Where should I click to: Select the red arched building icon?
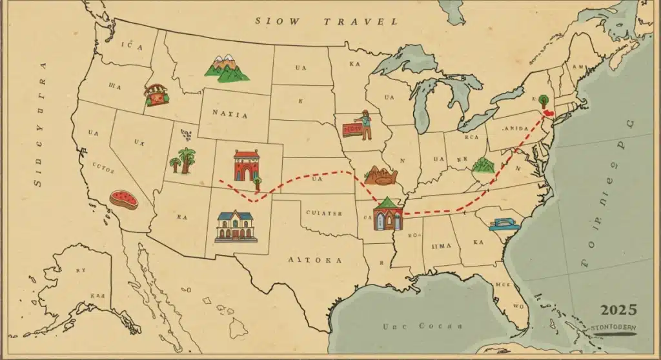pyautogui.click(x=246, y=166)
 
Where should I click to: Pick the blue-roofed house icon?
pyautogui.click(x=236, y=226)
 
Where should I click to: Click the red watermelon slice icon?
pyautogui.click(x=123, y=199)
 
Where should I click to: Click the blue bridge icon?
pyautogui.click(x=504, y=223)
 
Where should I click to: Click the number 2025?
pyautogui.click(x=618, y=310)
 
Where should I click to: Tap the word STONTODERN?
pyautogui.click(x=613, y=328)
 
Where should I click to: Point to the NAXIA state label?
pyautogui.click(x=230, y=114)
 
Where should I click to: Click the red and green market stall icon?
pyautogui.click(x=156, y=95)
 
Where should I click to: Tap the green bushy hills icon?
pyautogui.click(x=483, y=166)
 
